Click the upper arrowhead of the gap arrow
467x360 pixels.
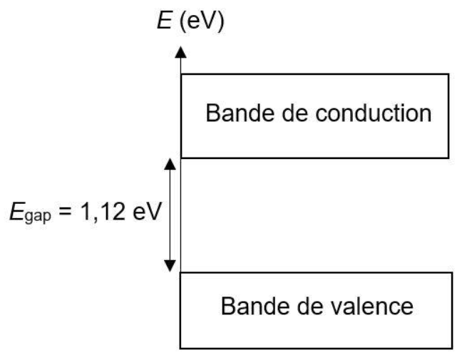pyautogui.click(x=170, y=163)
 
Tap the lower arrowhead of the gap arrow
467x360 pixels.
pyautogui.click(x=170, y=266)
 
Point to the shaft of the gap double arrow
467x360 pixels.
pyautogui.click(x=170, y=214)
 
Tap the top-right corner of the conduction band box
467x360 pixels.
pyautogui.click(x=450, y=73)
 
